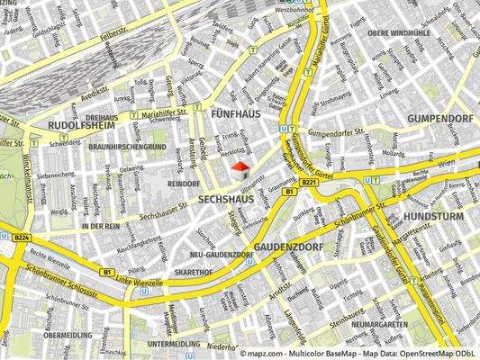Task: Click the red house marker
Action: [240, 167]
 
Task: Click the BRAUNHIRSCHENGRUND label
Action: [128, 146]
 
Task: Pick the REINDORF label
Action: [182, 183]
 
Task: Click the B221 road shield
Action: [310, 183]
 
